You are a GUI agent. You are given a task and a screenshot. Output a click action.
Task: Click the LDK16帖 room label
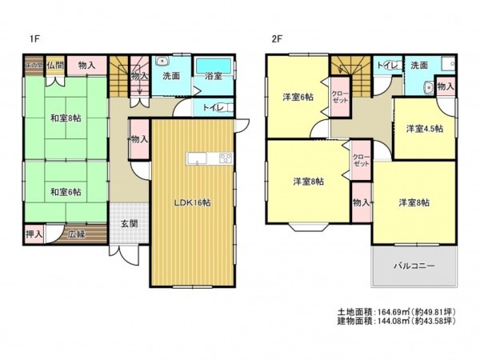pos(193,202)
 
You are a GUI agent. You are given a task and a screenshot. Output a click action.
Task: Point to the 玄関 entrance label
pos(130,223)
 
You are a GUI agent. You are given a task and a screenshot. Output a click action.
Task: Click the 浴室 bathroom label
pos(213,76)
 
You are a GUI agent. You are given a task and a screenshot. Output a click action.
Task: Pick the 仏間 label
pos(54,64)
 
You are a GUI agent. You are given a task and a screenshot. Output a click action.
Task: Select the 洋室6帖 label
pos(297,97)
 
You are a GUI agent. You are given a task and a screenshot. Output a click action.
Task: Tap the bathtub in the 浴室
pos(214,66)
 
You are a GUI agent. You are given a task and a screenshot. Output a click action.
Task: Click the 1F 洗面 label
pos(170,76)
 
